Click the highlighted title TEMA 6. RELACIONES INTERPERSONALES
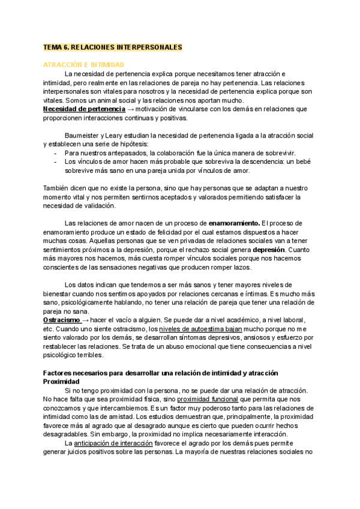(112, 46)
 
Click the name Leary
(118, 136)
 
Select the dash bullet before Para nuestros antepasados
(55, 153)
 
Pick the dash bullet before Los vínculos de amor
(55, 162)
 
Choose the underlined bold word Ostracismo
(63, 320)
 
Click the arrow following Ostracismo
(88, 320)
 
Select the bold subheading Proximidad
(61, 382)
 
